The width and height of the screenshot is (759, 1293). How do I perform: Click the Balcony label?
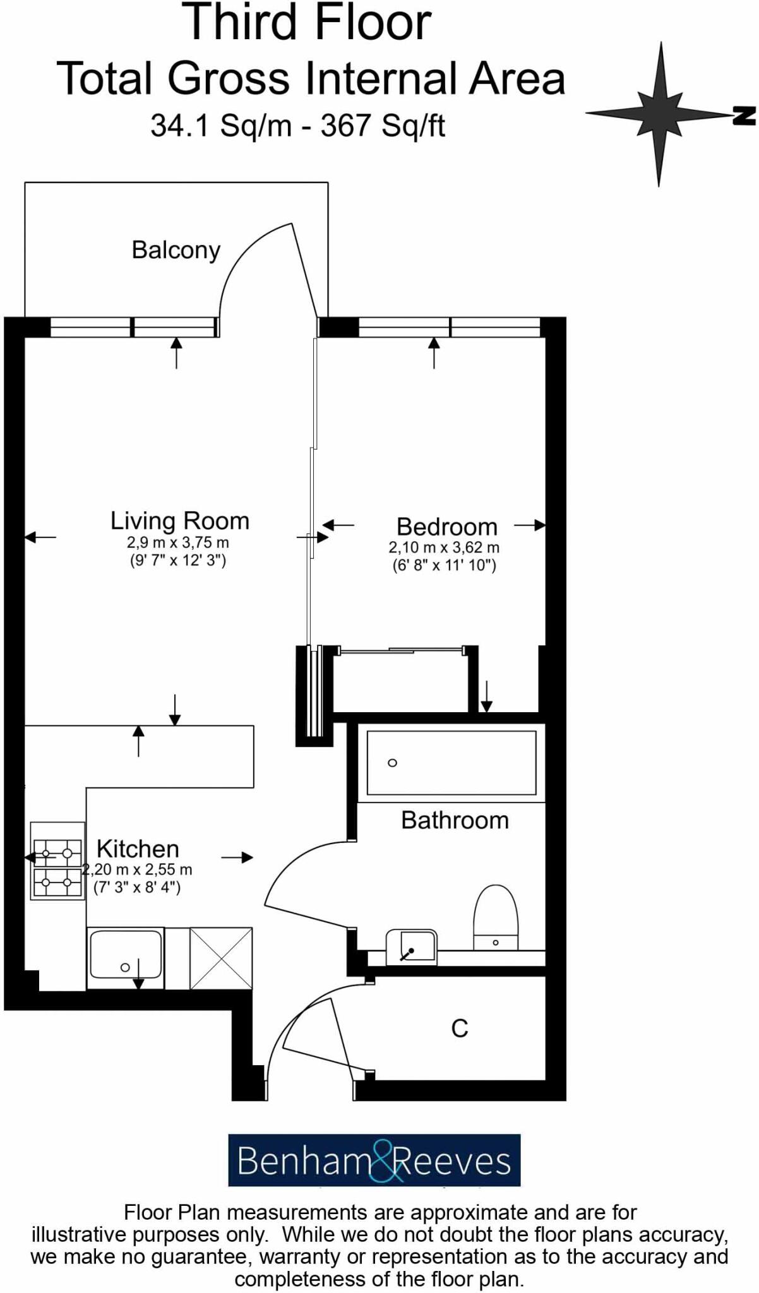pyautogui.click(x=176, y=250)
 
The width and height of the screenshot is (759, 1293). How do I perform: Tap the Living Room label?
pyautogui.click(x=180, y=521)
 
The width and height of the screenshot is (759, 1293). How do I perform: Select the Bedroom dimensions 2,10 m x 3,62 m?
pyautogui.click(x=444, y=547)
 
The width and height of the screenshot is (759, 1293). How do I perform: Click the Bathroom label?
pyautogui.click(x=455, y=820)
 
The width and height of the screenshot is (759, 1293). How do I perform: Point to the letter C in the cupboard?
pyautogui.click(x=460, y=1028)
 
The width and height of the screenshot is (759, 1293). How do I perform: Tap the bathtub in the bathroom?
pyautogui.click(x=451, y=763)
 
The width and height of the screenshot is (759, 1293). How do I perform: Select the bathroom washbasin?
pyautogui.click(x=411, y=946)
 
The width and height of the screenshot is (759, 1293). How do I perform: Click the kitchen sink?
pyautogui.click(x=125, y=957)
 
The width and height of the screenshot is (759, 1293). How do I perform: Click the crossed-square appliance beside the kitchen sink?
pyautogui.click(x=221, y=958)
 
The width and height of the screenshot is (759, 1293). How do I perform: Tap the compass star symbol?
pyautogui.click(x=660, y=114)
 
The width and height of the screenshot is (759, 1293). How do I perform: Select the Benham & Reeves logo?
pyautogui.click(x=374, y=1160)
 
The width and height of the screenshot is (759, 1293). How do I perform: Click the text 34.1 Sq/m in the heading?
pyautogui.click(x=221, y=125)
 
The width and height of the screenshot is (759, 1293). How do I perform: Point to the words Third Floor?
pyautogui.click(x=307, y=24)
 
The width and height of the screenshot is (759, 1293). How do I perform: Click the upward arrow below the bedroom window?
pyautogui.click(x=434, y=352)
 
